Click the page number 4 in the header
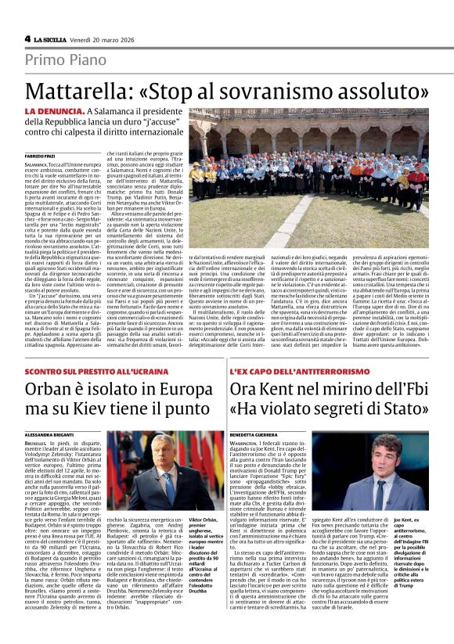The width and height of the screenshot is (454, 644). coord(27,39)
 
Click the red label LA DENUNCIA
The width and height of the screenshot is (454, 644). coord(52,113)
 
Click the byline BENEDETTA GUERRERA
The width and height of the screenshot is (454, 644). coord(254,434)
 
